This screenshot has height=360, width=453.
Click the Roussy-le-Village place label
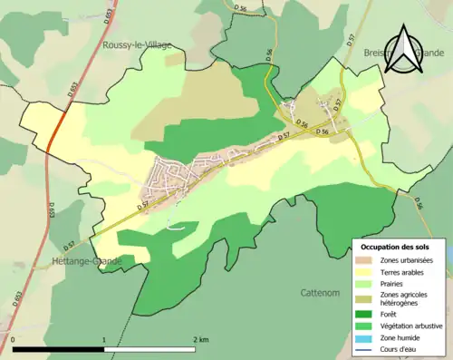click(x=136, y=44)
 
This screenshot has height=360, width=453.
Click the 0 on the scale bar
click(x=14, y=339)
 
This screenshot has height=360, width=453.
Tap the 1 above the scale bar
click(x=104, y=339)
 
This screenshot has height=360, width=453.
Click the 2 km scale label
click(x=201, y=339)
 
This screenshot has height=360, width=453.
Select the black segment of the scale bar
click(x=59, y=349)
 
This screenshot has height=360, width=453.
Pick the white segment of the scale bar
click(x=149, y=349)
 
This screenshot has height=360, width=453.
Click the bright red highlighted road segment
click(x=54, y=128)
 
